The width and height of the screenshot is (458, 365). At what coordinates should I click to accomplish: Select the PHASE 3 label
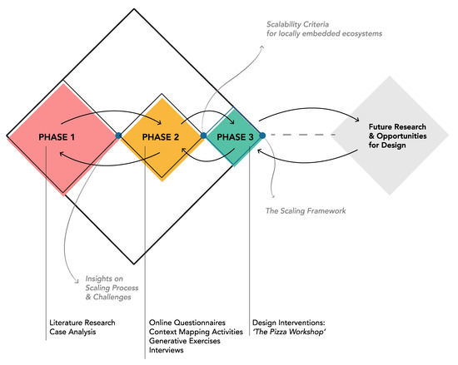[233, 136]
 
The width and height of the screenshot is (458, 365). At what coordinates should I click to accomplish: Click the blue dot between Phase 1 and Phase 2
[118, 135]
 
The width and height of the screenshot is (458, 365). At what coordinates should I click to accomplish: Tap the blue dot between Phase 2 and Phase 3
[203, 135]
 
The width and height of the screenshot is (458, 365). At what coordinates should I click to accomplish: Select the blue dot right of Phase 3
[262, 135]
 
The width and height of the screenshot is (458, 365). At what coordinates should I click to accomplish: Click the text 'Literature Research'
[81, 322]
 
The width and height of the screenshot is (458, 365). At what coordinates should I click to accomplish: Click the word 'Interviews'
[167, 352]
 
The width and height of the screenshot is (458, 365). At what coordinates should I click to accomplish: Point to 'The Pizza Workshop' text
[289, 332]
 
